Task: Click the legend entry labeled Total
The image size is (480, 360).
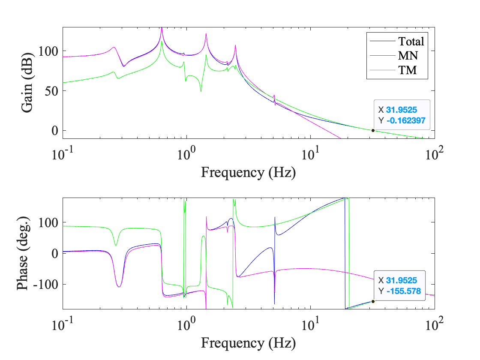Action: pyautogui.click(x=411, y=42)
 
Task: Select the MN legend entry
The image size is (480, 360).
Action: pyautogui.click(x=407, y=56)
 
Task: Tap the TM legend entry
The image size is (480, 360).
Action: pyautogui.click(x=407, y=70)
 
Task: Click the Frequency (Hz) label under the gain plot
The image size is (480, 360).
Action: pyautogui.click(x=248, y=172)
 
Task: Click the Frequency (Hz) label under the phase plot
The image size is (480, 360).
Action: pyautogui.click(x=248, y=342)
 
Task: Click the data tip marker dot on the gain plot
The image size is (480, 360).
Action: pyautogui.click(x=373, y=130)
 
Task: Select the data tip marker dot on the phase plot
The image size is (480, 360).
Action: pyautogui.click(x=373, y=301)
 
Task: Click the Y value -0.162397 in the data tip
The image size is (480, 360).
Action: pyautogui.click(x=406, y=121)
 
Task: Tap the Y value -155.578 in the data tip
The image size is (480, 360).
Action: pyautogui.click(x=403, y=291)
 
